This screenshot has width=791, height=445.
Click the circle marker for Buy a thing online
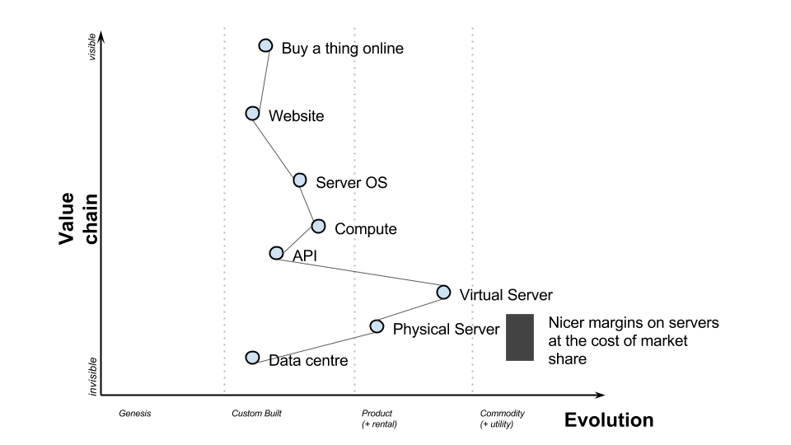[265, 45]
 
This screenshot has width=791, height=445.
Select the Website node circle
[253, 113]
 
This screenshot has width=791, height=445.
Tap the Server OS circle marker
[300, 180]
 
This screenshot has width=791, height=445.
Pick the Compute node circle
[318, 226]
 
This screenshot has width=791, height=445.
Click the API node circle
[277, 253]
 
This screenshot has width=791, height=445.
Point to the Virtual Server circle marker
[443, 292]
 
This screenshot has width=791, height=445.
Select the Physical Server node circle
[377, 326]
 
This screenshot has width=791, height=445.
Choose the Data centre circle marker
[253, 357]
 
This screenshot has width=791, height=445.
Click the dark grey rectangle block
[517, 337]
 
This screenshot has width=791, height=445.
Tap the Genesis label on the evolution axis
[134, 413]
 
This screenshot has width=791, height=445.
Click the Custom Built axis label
[256, 413]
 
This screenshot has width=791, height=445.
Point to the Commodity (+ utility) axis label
[502, 419]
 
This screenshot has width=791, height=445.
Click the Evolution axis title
[608, 420]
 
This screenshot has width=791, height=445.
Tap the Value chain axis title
[78, 218]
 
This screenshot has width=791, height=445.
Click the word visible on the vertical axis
[91, 46]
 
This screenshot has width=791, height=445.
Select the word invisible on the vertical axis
[91, 376]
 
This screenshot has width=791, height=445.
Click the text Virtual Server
[505, 294]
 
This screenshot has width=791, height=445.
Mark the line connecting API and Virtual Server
[360, 273]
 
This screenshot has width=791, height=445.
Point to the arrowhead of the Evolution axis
[600, 396]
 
